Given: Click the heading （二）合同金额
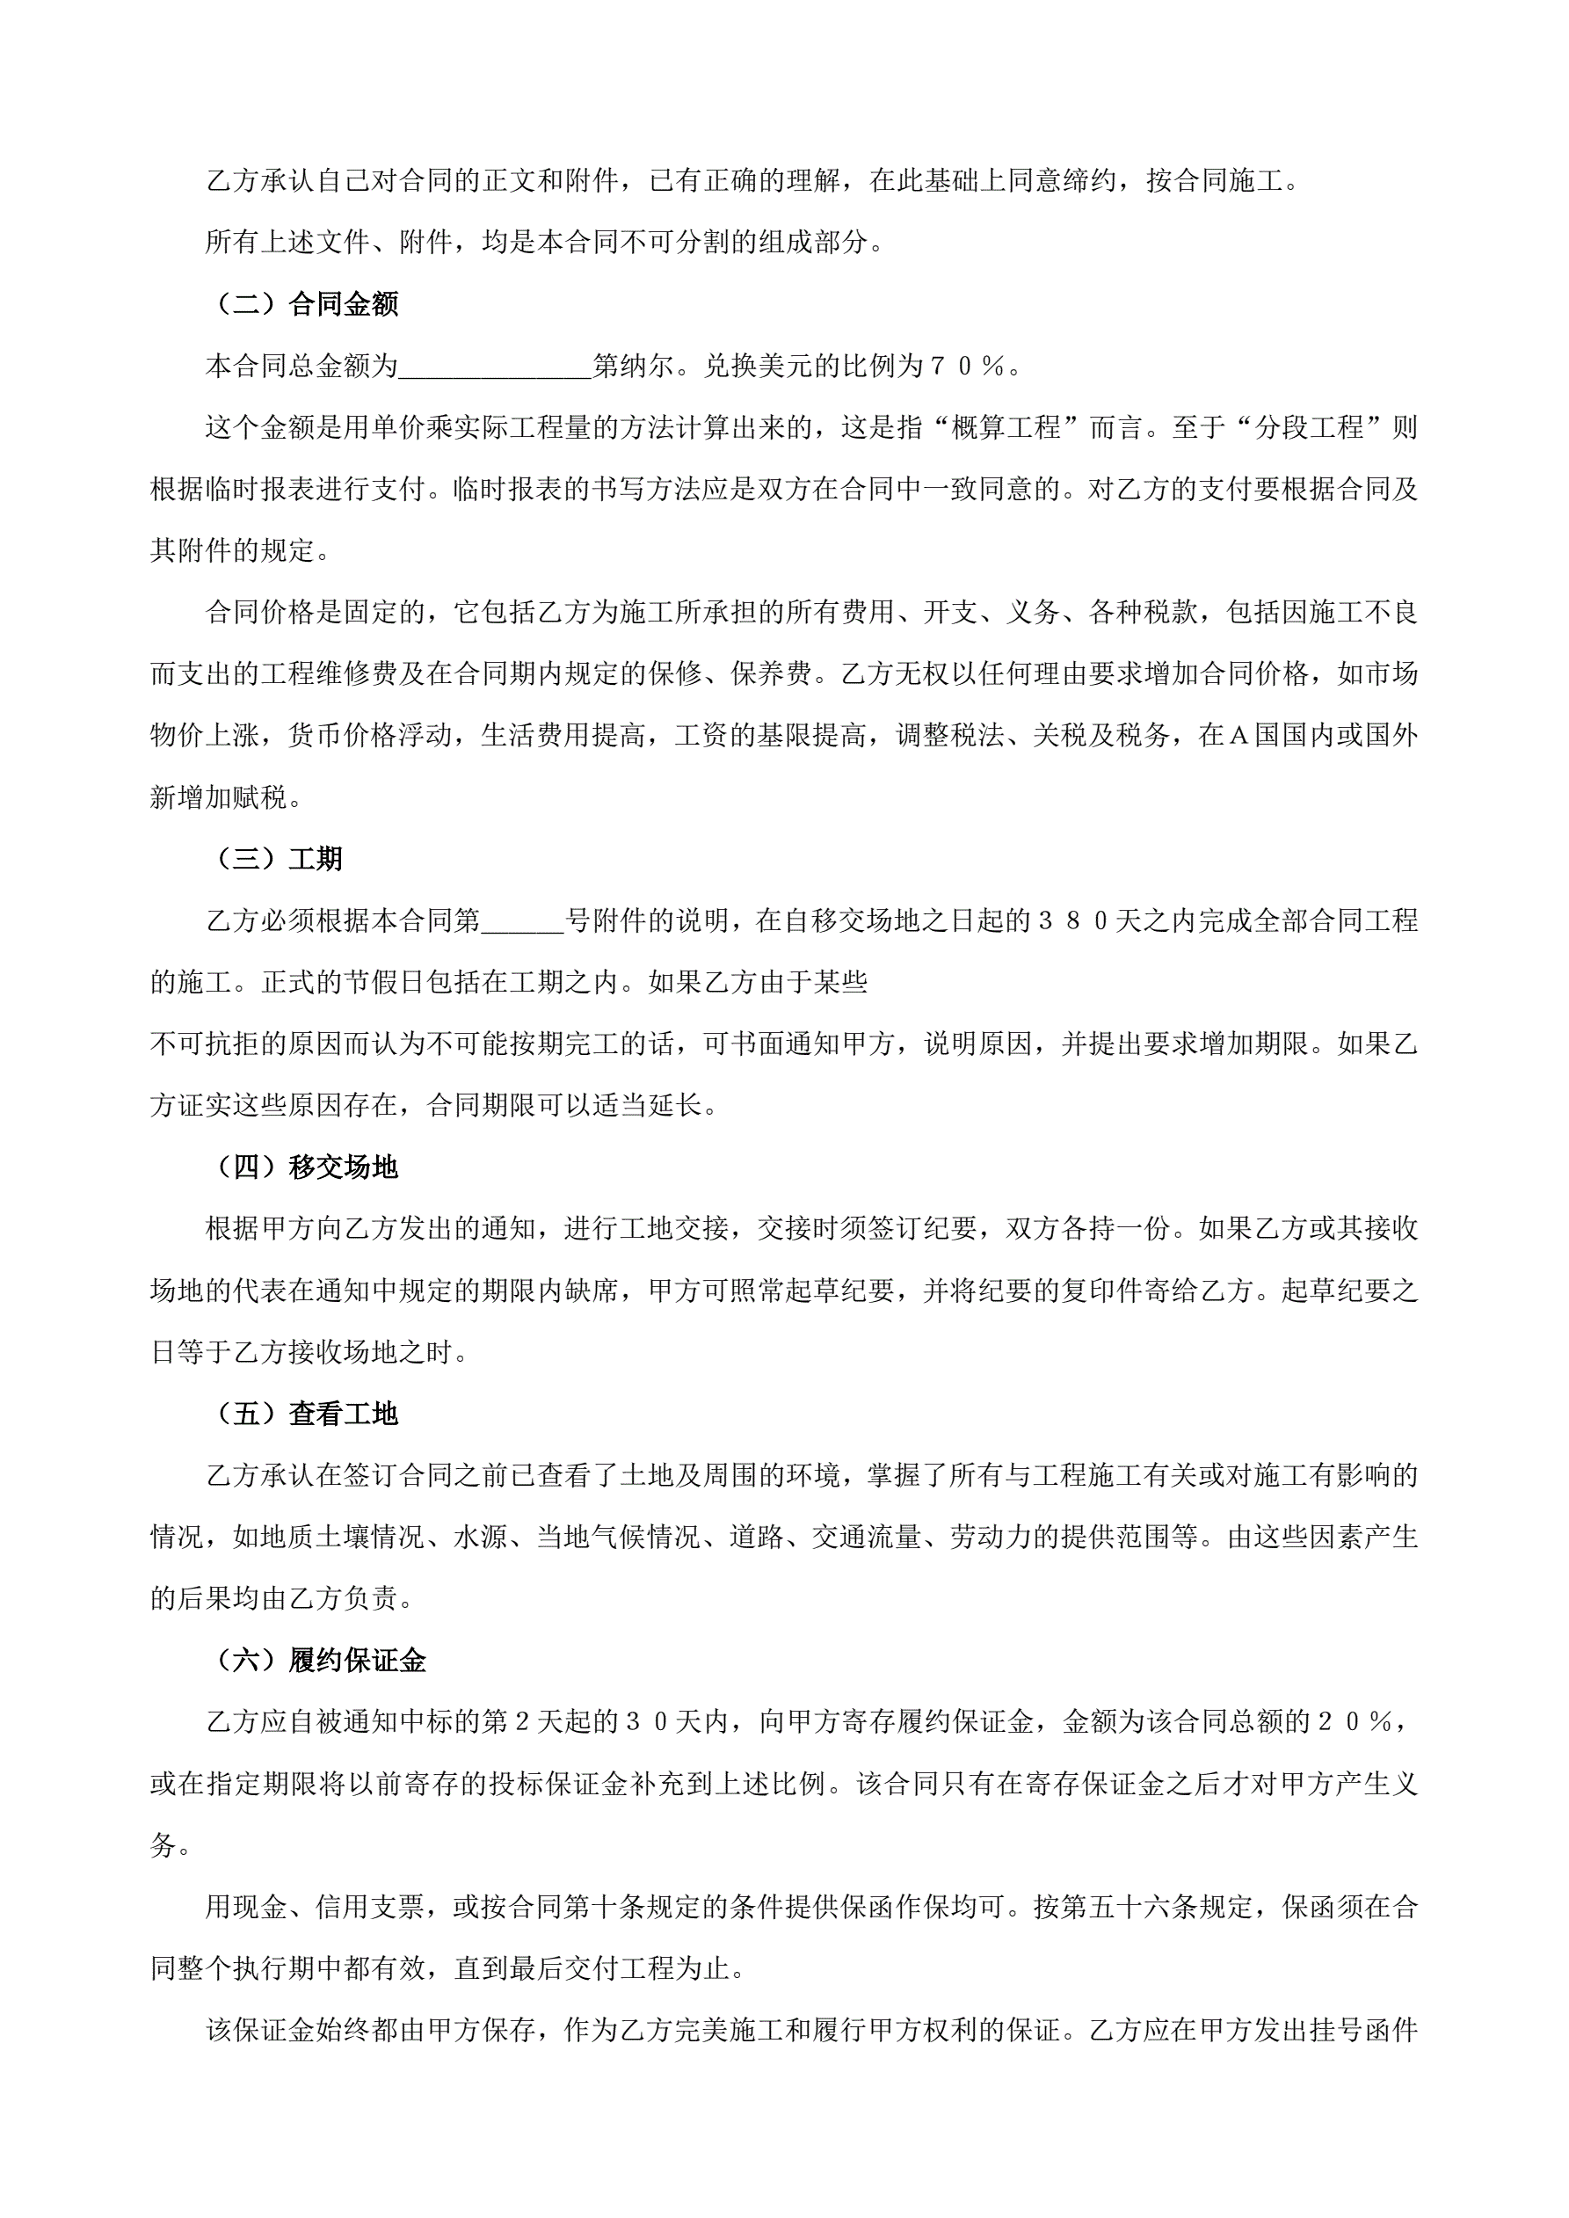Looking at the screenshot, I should (x=302, y=304).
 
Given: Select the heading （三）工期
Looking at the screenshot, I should (x=274, y=859).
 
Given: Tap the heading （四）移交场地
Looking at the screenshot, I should (x=302, y=1167).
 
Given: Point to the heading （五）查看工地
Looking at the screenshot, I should (x=302, y=1414).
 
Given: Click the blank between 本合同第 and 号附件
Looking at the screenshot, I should (x=522, y=920).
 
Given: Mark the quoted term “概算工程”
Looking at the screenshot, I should (x=1006, y=427).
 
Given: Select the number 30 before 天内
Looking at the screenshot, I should (x=647, y=1722).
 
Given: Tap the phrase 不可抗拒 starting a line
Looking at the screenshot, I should (x=205, y=1044).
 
